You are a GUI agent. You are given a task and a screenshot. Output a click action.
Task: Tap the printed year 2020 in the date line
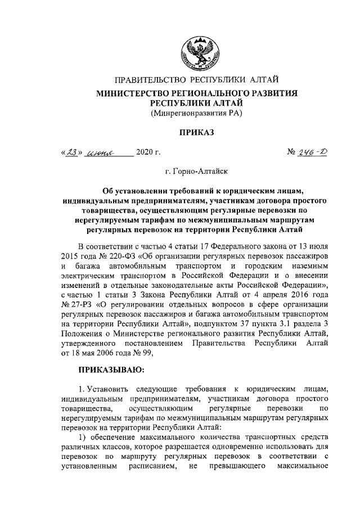click(x=144, y=152)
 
